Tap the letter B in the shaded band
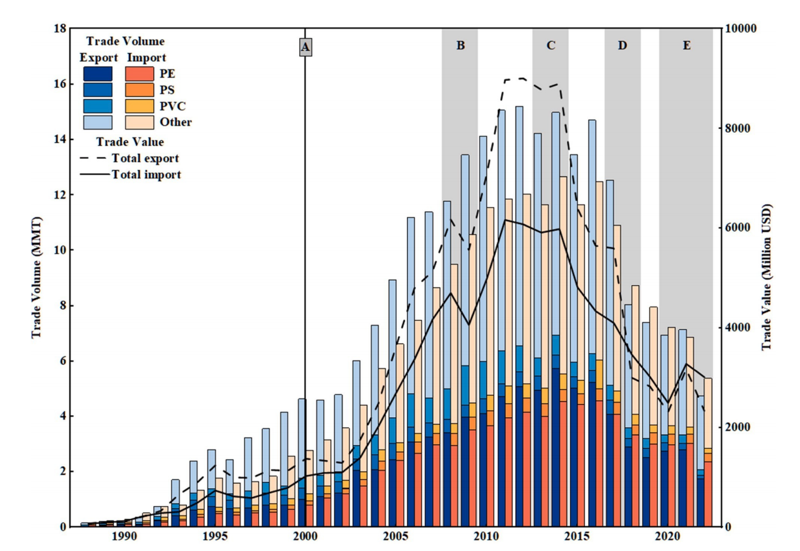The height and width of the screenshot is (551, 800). pyautogui.click(x=460, y=45)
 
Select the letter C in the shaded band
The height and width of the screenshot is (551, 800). pyautogui.click(x=551, y=45)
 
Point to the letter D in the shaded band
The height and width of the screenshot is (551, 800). pyautogui.click(x=622, y=45)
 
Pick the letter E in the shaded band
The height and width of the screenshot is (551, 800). pyautogui.click(x=687, y=45)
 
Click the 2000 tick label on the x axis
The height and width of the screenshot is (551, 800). pyautogui.click(x=305, y=537)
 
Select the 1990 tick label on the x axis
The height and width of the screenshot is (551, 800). pyautogui.click(x=123, y=537)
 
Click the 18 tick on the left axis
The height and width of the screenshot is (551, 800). pyautogui.click(x=59, y=29)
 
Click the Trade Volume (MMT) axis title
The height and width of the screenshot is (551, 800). pyautogui.click(x=37, y=277)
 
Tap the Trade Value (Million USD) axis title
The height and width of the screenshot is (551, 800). pyautogui.click(x=766, y=277)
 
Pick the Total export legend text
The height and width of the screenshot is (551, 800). pyautogui.click(x=145, y=158)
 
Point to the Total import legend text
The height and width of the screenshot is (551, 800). pyautogui.click(x=146, y=174)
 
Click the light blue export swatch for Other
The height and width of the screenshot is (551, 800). pyautogui.click(x=97, y=121)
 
